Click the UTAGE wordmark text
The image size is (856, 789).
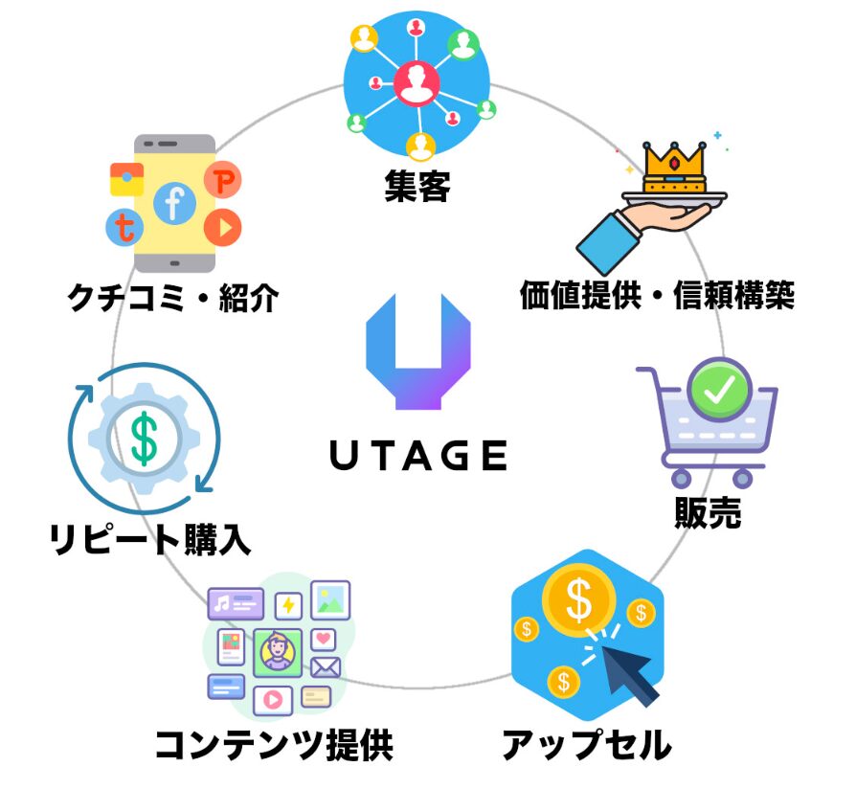coord(418,456)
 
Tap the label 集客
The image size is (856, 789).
coord(417,186)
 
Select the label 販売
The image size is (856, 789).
coord(708,512)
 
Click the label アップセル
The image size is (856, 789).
coord(587,744)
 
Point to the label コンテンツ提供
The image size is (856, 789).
coord(274,744)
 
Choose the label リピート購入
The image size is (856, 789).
coord(150,539)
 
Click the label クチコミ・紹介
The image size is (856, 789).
coord(173,298)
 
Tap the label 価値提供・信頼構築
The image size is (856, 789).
coord(657,295)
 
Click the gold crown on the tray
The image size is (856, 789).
coord(674,167)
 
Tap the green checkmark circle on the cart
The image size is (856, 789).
coord(719,389)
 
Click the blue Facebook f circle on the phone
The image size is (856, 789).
coord(174,203)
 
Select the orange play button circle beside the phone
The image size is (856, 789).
coord(223,227)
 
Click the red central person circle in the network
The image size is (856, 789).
coord(417,83)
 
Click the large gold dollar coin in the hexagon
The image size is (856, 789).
coord(578,599)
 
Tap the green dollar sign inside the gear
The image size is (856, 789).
coord(145,439)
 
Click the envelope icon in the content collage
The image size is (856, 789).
coord(326,667)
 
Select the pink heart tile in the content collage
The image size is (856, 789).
coord(324,640)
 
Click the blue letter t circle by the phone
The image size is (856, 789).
coord(124,227)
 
